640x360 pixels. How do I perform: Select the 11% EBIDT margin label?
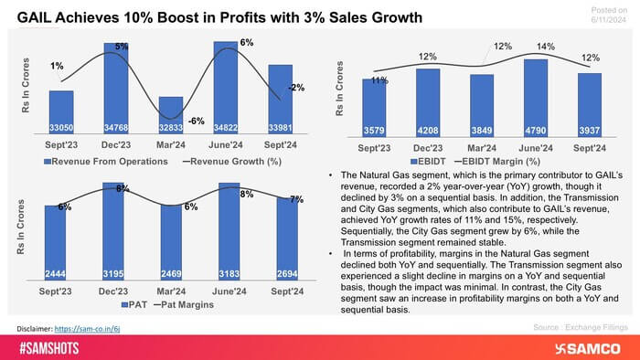379,81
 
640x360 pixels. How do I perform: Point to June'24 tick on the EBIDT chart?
537,145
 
